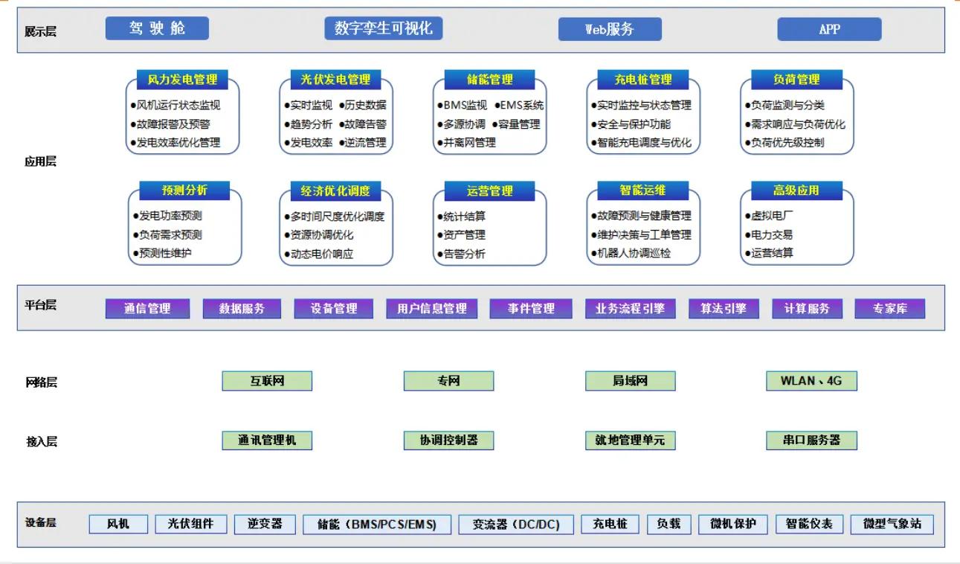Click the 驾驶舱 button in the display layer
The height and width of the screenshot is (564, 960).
click(157, 28)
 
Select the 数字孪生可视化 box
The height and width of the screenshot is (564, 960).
click(383, 28)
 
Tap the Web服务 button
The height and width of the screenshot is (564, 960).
click(610, 29)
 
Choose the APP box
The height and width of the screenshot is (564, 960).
click(829, 29)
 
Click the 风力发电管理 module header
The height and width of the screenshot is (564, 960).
click(182, 80)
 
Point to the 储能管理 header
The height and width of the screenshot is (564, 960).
click(489, 80)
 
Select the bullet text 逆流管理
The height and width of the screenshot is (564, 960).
click(365, 142)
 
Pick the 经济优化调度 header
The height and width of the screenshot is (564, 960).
click(335, 191)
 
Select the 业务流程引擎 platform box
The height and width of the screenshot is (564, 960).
click(630, 308)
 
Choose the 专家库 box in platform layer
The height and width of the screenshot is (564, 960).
click(889, 308)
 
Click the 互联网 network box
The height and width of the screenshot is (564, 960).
click(267, 381)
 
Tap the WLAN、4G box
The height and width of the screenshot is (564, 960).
click(811, 381)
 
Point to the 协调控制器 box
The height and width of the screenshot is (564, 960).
click(448, 440)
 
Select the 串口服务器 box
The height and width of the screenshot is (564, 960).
click(811, 440)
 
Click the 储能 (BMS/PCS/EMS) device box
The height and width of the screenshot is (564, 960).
click(377, 525)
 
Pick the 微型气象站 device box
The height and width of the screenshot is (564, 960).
click(892, 524)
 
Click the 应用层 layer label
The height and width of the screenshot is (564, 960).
click(40, 161)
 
